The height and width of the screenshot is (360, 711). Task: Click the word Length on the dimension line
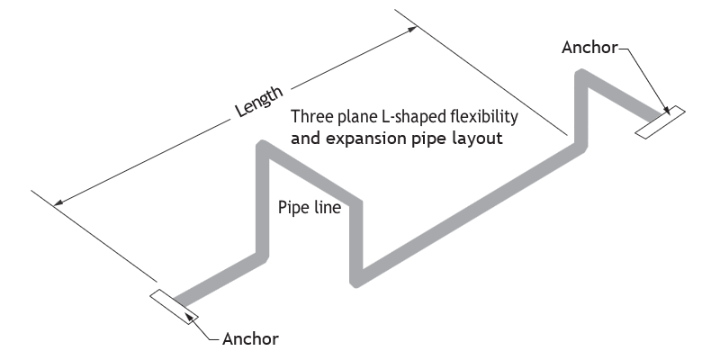tap(259, 101)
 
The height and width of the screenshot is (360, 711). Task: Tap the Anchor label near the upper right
tap(589, 48)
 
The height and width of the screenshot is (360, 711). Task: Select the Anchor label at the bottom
tap(250, 338)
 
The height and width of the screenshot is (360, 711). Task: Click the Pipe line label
tap(310, 207)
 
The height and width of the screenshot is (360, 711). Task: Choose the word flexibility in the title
tap(484, 117)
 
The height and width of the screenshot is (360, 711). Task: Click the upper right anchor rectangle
tap(660, 122)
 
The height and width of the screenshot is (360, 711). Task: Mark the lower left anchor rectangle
tap(174, 307)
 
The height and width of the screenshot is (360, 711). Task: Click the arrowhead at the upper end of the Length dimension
tap(411, 29)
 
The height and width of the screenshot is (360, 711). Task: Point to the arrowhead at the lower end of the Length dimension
tap(58, 202)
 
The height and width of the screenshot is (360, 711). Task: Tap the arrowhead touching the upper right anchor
tap(666, 110)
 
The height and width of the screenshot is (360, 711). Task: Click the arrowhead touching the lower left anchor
tap(192, 318)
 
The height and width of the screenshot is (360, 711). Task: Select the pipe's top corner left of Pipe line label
tap(263, 146)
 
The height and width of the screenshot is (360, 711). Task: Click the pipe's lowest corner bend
tap(356, 281)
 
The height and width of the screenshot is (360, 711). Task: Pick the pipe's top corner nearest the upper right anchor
tap(581, 75)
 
